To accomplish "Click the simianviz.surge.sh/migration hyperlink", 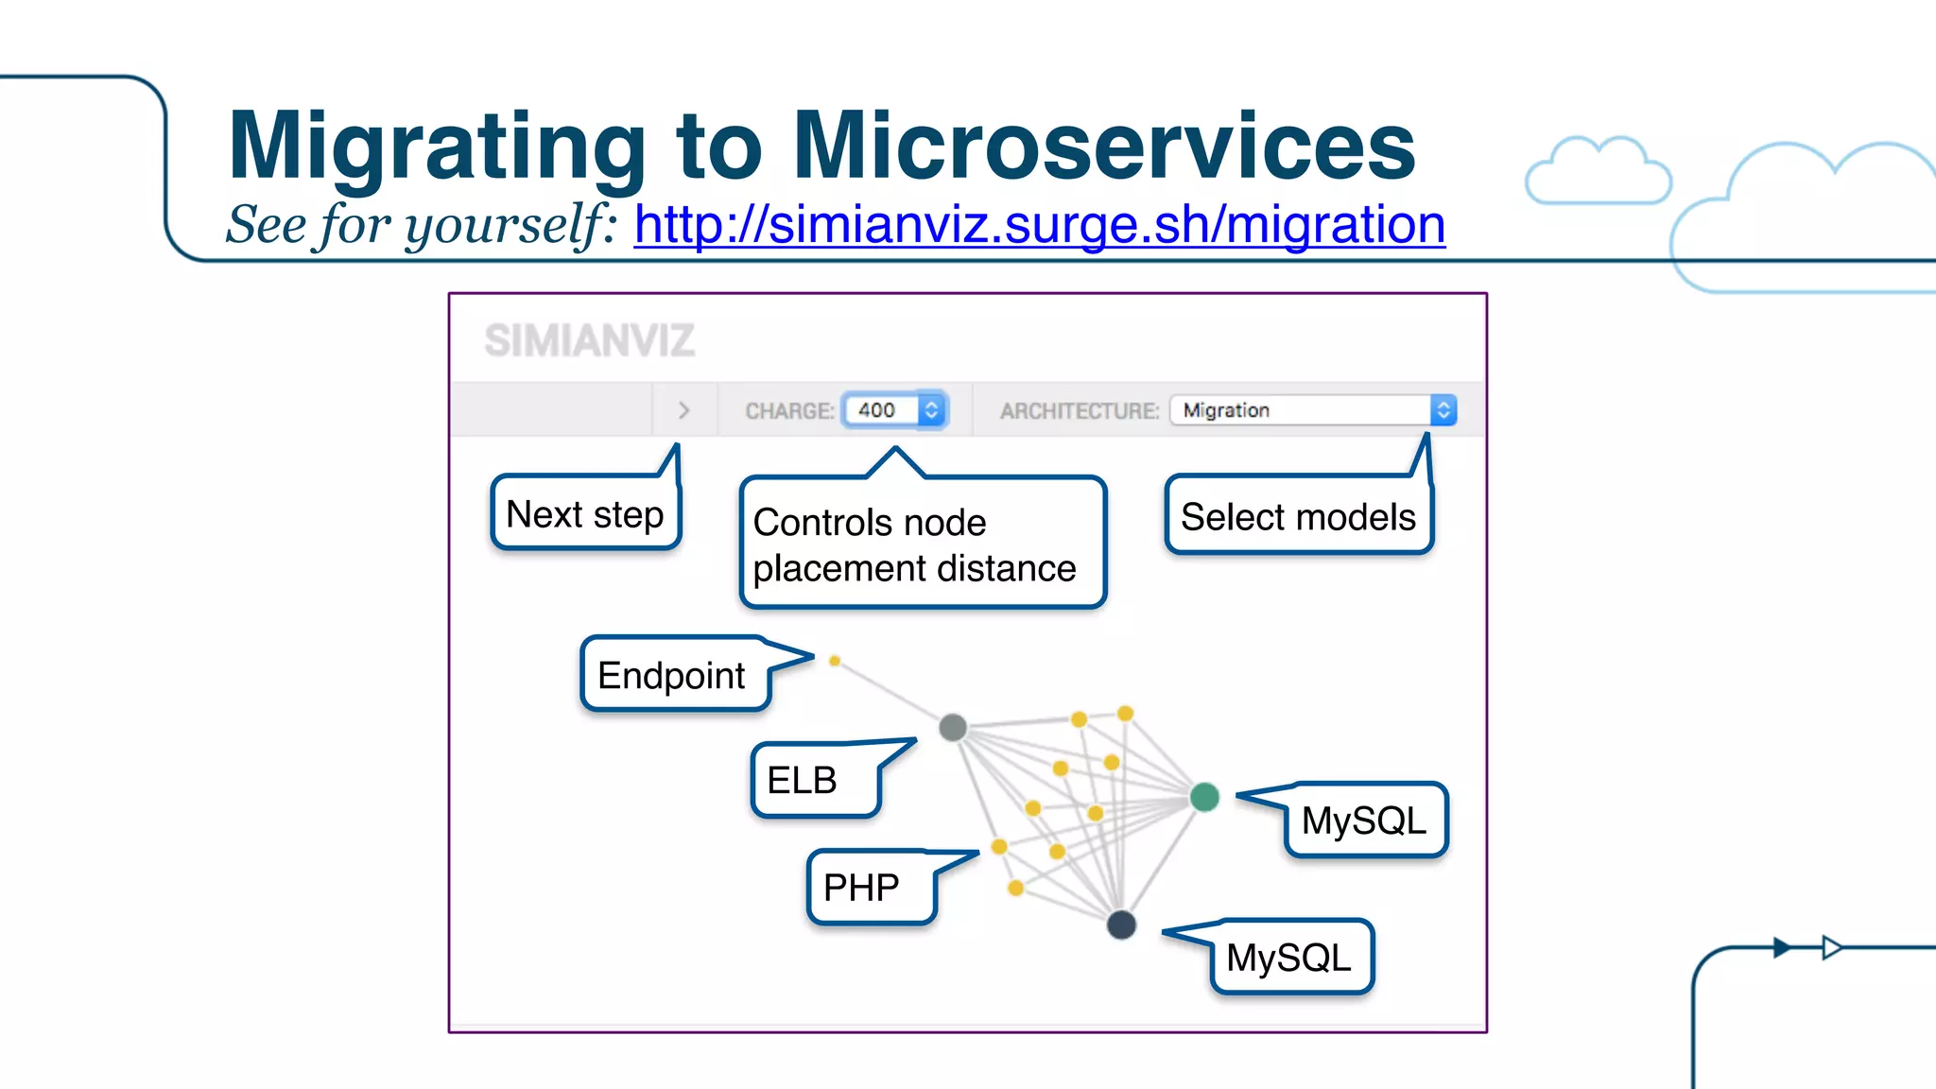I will pos(1039,225).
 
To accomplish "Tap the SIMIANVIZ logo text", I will pos(590,340).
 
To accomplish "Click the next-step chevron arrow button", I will pos(684,410).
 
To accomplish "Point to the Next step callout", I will pos(585,514).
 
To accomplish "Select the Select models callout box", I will pos(1298,517).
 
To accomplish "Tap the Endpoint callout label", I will pos(672,675).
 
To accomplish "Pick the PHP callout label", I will pos(861,887).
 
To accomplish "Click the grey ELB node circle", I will pos(953,727).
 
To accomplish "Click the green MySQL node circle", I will pos(1204,797).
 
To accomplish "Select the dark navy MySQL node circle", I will pos(1121,924).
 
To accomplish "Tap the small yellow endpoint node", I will pos(835,661).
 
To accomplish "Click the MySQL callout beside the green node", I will pos(1363,821).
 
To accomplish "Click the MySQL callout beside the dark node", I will pos(1288,958).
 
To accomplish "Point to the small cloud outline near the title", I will pos(1598,172).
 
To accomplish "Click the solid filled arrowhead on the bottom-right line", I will pos(1782,947).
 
